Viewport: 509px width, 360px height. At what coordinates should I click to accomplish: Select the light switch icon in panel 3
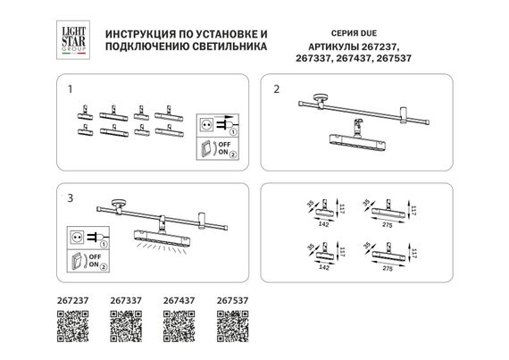point(77,261)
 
